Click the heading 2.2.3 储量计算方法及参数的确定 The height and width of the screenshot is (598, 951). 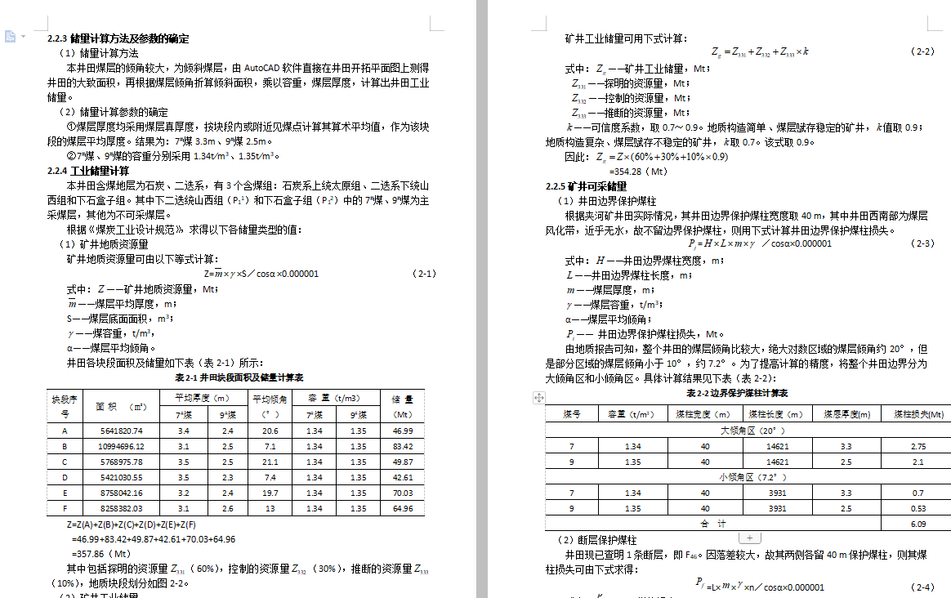(118, 38)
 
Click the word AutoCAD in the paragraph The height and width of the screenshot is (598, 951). (261, 68)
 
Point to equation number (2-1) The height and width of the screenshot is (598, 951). (425, 274)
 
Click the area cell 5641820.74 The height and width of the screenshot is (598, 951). (121, 431)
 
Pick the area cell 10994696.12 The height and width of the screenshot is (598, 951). (121, 446)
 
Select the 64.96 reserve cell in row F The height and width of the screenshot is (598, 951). (403, 508)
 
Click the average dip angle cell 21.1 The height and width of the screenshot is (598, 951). (270, 462)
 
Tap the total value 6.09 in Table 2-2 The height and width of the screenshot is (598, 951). (918, 524)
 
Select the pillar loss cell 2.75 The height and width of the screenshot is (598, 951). (918, 447)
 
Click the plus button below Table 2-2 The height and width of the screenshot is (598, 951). (750, 538)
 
